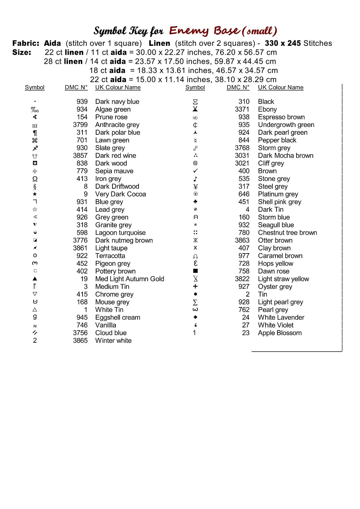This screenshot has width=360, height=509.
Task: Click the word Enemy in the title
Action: (189, 31)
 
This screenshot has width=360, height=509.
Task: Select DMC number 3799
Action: (80, 125)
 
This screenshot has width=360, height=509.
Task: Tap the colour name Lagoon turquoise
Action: (120, 233)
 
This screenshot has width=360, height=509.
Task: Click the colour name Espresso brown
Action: (281, 117)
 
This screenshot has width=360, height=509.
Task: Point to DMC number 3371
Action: (242, 109)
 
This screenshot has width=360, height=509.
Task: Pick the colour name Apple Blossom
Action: (280, 333)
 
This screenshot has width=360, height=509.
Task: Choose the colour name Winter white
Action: (113, 341)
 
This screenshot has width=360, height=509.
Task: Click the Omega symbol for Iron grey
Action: (35, 179)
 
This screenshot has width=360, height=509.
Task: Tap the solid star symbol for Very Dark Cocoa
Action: (35, 194)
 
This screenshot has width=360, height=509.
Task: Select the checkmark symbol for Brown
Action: (195, 171)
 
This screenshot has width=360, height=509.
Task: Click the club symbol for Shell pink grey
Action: (195, 202)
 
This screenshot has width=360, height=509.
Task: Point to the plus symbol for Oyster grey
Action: (195, 286)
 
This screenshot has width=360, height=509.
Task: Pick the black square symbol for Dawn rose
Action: (195, 271)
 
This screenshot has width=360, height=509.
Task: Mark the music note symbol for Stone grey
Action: (195, 179)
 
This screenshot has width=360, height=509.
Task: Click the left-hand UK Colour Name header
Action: (118, 88)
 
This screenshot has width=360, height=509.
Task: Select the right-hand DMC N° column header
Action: (238, 88)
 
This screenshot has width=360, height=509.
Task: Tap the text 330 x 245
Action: (283, 43)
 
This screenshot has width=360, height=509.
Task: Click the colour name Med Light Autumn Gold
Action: (129, 279)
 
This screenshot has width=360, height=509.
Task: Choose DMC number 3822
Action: (242, 279)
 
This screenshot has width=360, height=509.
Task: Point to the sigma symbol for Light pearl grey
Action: (195, 302)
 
